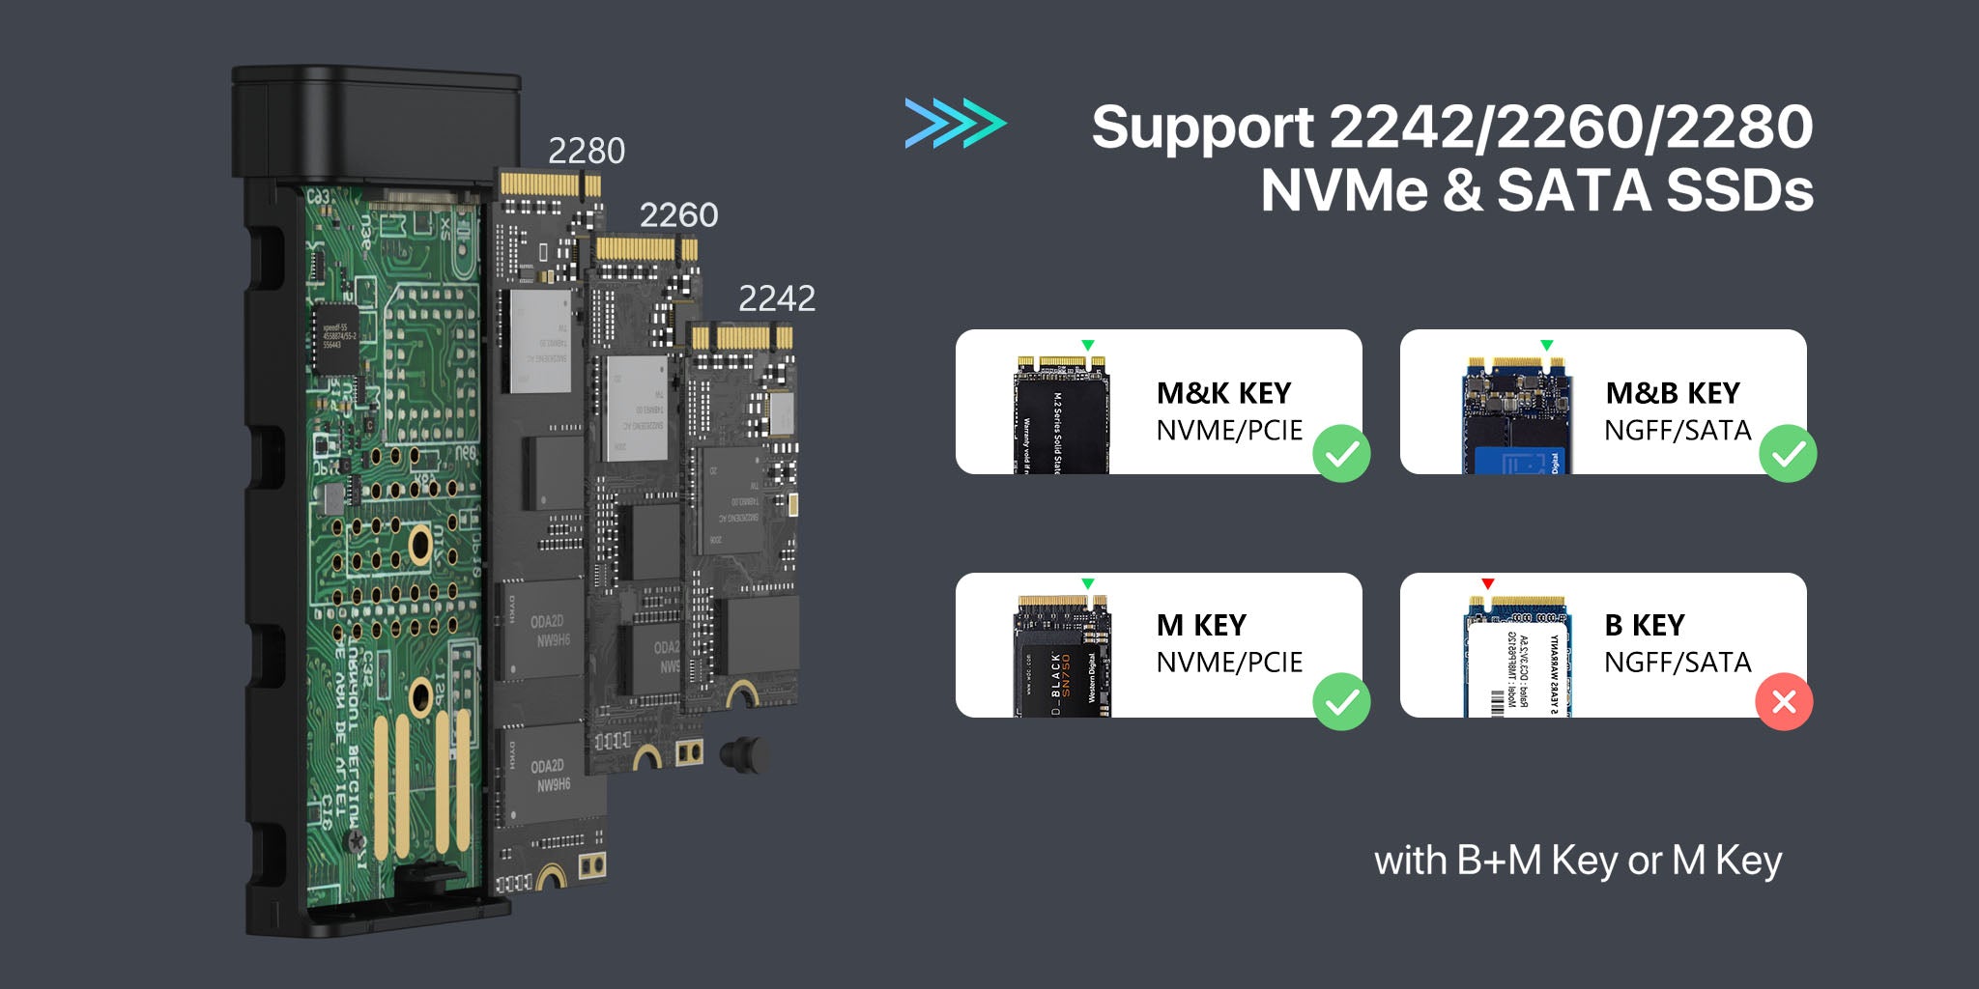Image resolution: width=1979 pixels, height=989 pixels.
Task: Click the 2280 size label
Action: tap(586, 151)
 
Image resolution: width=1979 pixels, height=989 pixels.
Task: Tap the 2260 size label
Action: tap(678, 214)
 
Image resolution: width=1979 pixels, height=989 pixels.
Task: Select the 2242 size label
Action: tap(776, 298)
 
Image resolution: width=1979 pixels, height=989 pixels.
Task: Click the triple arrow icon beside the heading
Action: tap(955, 124)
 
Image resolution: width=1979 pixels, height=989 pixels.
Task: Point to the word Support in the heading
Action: tap(1202, 127)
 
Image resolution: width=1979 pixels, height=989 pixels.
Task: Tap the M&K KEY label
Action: tap(1223, 393)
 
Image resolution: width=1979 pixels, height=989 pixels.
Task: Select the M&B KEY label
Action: tap(1672, 393)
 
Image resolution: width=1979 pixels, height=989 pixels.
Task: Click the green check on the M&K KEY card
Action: tap(1341, 453)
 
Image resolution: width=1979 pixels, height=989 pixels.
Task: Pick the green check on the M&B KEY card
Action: tap(1788, 453)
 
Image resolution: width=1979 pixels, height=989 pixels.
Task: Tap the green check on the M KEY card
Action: tap(1341, 701)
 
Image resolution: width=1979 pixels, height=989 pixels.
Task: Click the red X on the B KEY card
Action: tap(1784, 701)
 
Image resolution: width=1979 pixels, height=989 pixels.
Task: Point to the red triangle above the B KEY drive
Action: tap(1488, 583)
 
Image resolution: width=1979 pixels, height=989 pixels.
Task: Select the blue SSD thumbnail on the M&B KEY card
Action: tap(1515, 416)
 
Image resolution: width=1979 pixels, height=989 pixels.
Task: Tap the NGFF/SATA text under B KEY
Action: tap(1678, 663)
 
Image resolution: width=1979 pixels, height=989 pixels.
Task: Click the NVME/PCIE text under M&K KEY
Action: tap(1229, 431)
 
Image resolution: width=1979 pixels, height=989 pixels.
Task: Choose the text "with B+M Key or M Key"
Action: tap(1577, 861)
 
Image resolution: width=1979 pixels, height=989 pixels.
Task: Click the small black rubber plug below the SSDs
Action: tap(744, 754)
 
